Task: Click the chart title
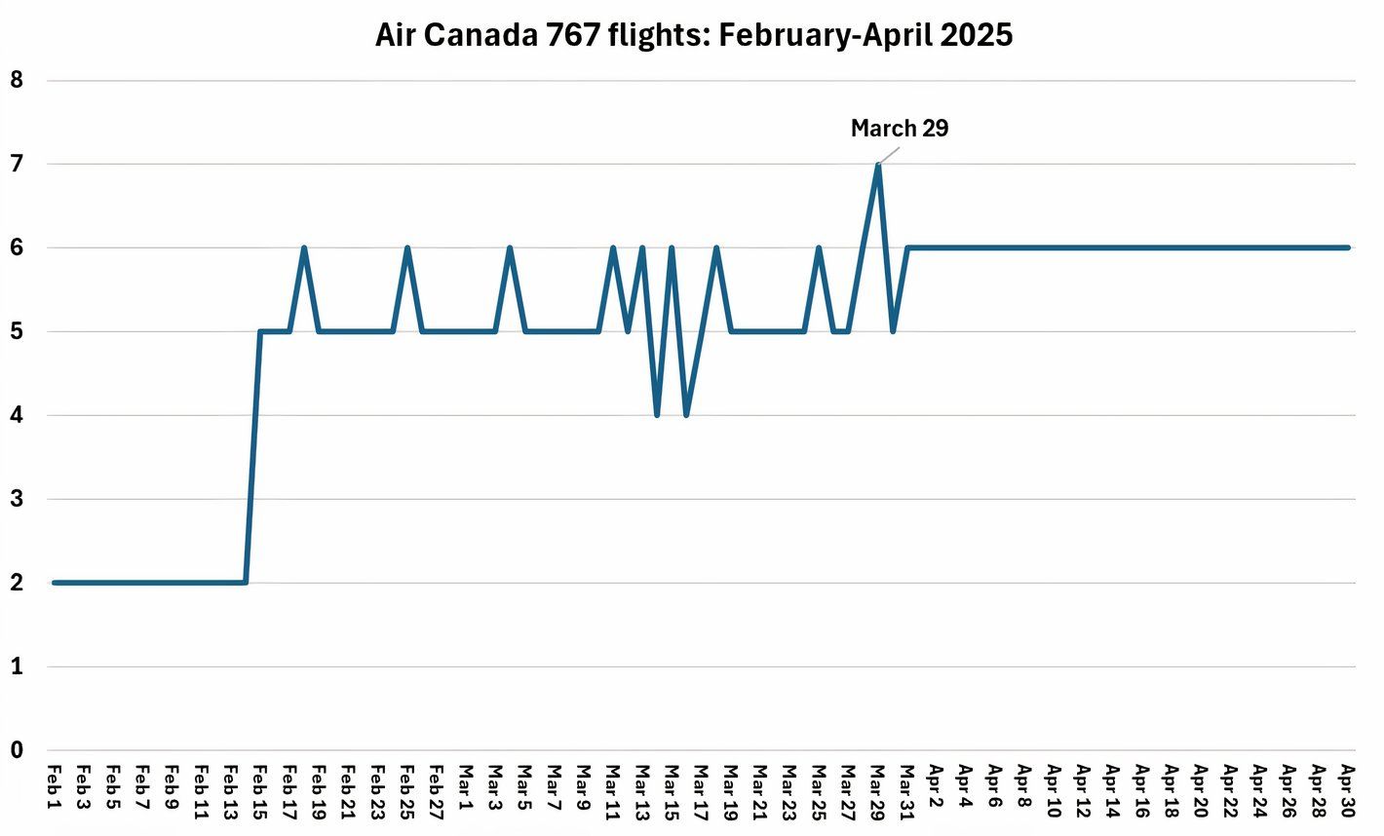[693, 35]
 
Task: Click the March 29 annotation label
[899, 129]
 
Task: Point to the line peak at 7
[878, 165]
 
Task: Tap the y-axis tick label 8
[17, 80]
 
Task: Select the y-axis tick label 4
[17, 415]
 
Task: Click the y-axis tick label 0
[17, 750]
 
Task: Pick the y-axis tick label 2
[17, 583]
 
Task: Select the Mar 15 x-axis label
[672, 790]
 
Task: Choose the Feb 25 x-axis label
[407, 790]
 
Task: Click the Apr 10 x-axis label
[1055, 790]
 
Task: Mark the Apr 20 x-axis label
[1202, 790]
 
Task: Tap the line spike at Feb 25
[407, 248]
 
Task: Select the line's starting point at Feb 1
[55, 583]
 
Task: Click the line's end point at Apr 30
[1348, 247]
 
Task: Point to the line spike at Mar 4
[510, 248]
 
